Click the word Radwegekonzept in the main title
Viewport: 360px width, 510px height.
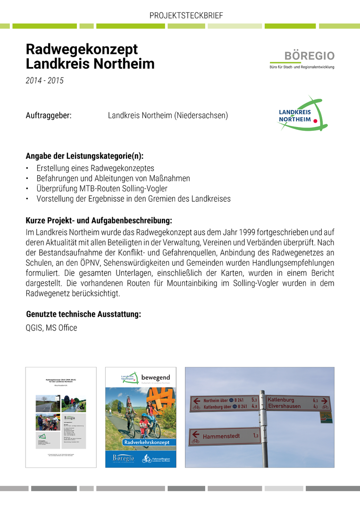82,49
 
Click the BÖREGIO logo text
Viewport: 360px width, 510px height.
309,56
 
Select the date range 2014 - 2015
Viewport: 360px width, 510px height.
44,81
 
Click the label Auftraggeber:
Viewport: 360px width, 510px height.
49,115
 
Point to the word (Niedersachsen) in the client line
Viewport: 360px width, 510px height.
201,115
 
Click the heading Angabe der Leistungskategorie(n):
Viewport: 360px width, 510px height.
84,156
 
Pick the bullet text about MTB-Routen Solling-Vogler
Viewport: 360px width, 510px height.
102,188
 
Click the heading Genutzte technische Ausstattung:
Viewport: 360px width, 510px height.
83,314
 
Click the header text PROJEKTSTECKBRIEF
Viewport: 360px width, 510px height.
186,16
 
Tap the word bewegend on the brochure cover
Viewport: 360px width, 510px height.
155,377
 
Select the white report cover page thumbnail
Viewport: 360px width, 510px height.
61,417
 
